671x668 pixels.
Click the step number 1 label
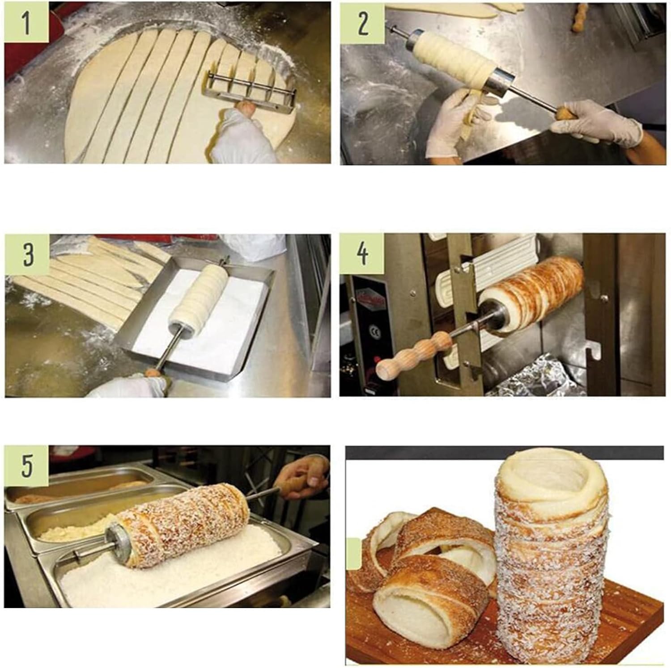pyautogui.click(x=26, y=22)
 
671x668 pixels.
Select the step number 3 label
pyautogui.click(x=27, y=255)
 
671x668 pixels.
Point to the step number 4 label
pyautogui.click(x=362, y=254)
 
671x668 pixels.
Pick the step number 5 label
pyautogui.click(x=26, y=466)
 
